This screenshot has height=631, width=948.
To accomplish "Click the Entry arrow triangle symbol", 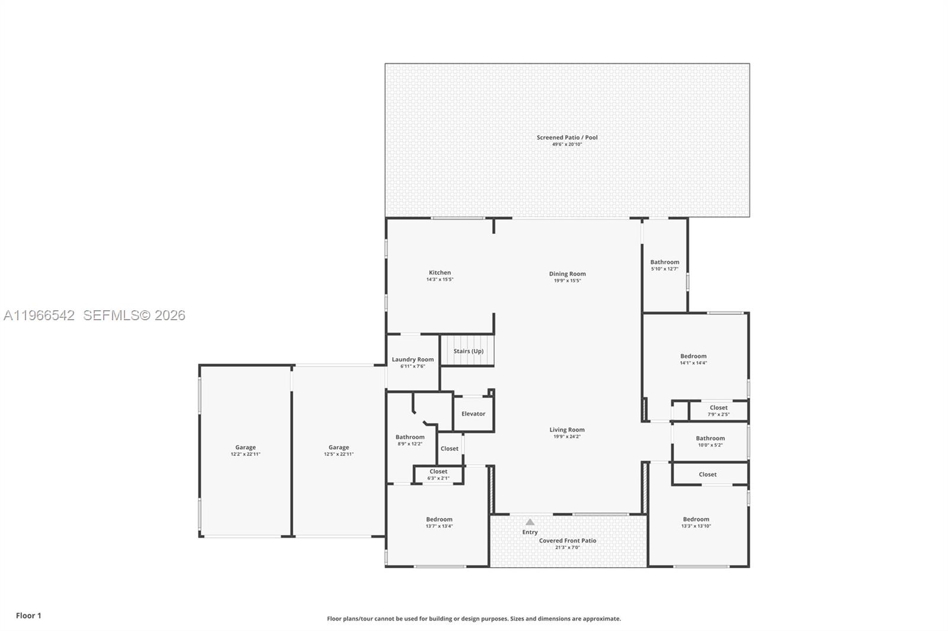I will coord(530,522).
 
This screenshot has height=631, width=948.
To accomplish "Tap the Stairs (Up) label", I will coord(468,351).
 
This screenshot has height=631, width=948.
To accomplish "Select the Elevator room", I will coord(473,414).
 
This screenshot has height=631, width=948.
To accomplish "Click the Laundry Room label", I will coord(412,359).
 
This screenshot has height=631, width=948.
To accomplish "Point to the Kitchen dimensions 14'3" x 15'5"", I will coord(440,279).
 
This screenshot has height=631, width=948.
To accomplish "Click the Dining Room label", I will coord(567,273).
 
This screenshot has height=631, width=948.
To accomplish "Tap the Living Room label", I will coord(566,430).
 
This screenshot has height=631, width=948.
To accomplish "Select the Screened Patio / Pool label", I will coord(567,137).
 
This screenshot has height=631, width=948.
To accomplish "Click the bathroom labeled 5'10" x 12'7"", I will coord(664,265).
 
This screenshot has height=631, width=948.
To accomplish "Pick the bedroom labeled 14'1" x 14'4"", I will coord(693,359).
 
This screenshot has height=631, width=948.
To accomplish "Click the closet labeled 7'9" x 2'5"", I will coord(718,410).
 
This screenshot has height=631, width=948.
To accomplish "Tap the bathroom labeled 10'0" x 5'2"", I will coord(710,441).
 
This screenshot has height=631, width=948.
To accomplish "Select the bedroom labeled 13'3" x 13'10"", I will coord(696,522).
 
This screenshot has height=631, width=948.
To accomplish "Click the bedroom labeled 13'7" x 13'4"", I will coord(439,522).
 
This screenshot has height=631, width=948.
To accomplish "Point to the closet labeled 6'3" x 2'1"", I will coord(438,474).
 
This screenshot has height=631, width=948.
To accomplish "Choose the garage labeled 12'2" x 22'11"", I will coord(245,450).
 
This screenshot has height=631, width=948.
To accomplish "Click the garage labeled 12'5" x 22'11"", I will coord(338,450).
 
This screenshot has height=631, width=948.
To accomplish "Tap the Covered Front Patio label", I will coord(567,540).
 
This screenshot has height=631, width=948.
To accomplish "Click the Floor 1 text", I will coord(28,616).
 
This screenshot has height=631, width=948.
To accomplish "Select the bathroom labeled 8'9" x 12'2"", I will coord(409,440).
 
